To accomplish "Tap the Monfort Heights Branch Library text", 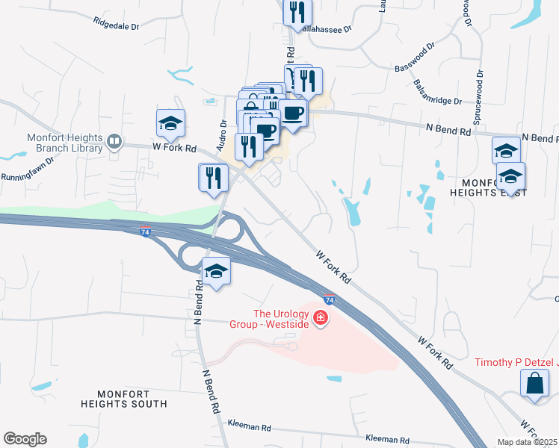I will (64, 143).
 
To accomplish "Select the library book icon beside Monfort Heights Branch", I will (114, 142).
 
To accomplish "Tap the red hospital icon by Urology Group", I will (321, 319).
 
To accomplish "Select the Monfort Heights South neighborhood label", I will (124, 398).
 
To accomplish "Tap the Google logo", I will (25, 439).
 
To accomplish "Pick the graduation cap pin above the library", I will (170, 123).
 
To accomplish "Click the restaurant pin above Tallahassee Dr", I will (297, 10).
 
